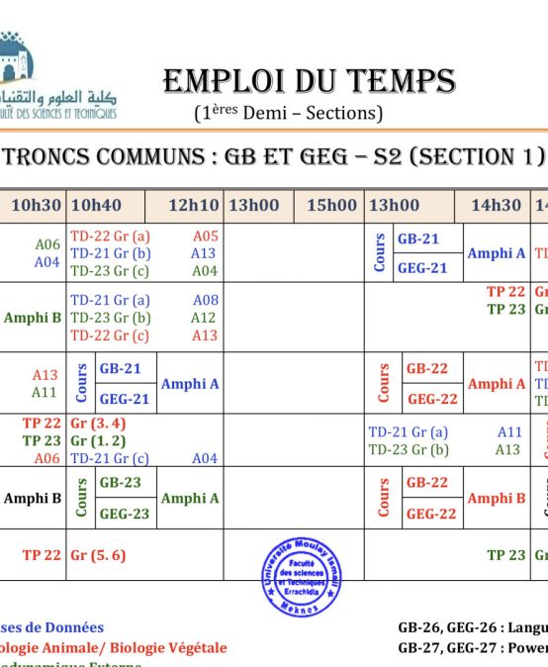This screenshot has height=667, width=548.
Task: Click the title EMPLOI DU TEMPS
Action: (x=309, y=80)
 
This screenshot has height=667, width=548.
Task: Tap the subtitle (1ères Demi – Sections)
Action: (x=288, y=113)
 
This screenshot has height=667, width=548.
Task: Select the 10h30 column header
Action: (x=36, y=206)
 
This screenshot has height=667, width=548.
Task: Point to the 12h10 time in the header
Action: (x=193, y=206)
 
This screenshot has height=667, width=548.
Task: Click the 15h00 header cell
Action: (x=331, y=206)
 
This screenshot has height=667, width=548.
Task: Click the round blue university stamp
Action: (x=302, y=577)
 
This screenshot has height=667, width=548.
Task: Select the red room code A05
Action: (x=205, y=237)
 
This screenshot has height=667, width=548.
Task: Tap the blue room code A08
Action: (x=205, y=300)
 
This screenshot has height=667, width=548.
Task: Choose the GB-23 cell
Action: (x=119, y=483)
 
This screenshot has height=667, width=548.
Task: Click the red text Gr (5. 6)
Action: (x=98, y=555)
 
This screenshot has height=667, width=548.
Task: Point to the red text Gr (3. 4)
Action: (x=98, y=423)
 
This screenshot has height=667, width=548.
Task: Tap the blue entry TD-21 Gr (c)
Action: (x=110, y=458)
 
